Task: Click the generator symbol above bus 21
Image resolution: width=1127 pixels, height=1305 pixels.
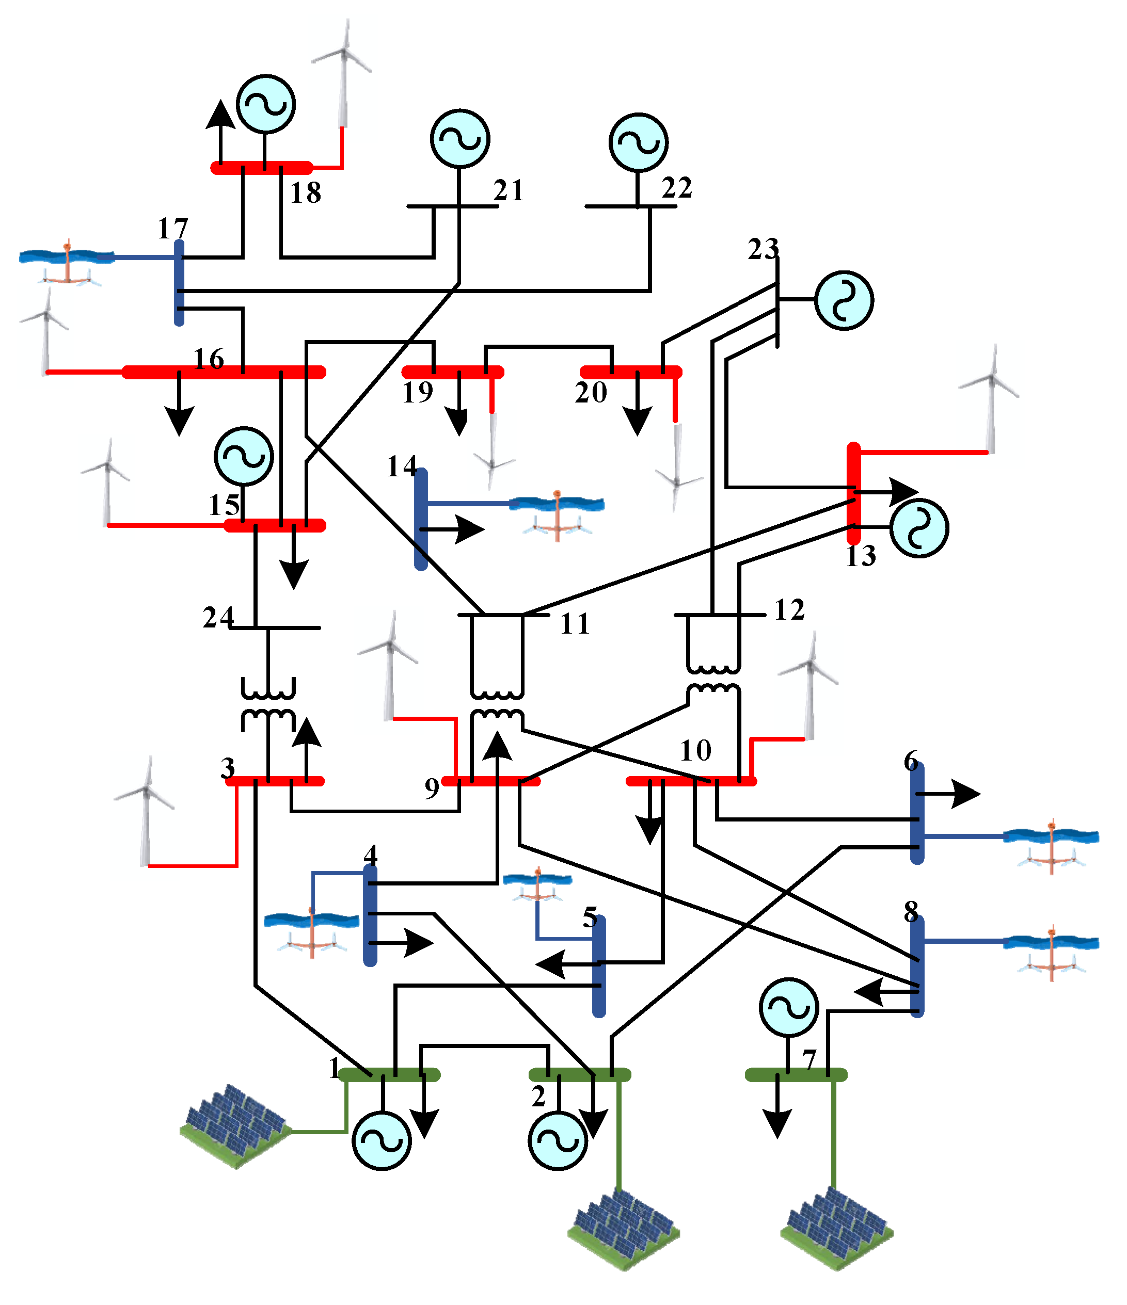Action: tap(460, 139)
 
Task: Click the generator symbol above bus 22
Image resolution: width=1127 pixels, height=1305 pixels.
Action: tap(638, 142)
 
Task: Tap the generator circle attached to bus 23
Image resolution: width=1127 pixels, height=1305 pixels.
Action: tap(844, 300)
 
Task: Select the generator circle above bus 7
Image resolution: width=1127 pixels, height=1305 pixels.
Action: tap(789, 1008)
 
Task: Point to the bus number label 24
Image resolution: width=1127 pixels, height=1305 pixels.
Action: tap(218, 618)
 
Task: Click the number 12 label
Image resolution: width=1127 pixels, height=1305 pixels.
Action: tap(789, 610)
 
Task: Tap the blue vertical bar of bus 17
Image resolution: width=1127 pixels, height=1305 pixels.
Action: tap(179, 283)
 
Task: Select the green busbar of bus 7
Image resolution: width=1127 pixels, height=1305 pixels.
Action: tap(796, 1074)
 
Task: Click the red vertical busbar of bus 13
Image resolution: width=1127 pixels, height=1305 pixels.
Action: tap(853, 493)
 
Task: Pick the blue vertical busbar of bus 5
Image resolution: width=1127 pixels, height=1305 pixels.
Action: tap(599, 966)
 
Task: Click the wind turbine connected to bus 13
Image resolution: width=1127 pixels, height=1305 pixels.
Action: tap(990, 399)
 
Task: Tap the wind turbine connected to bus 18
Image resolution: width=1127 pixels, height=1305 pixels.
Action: tap(342, 74)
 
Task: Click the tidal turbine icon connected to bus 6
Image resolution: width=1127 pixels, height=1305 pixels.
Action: tap(1051, 846)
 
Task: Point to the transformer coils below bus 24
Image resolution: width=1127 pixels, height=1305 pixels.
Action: tap(268, 705)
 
